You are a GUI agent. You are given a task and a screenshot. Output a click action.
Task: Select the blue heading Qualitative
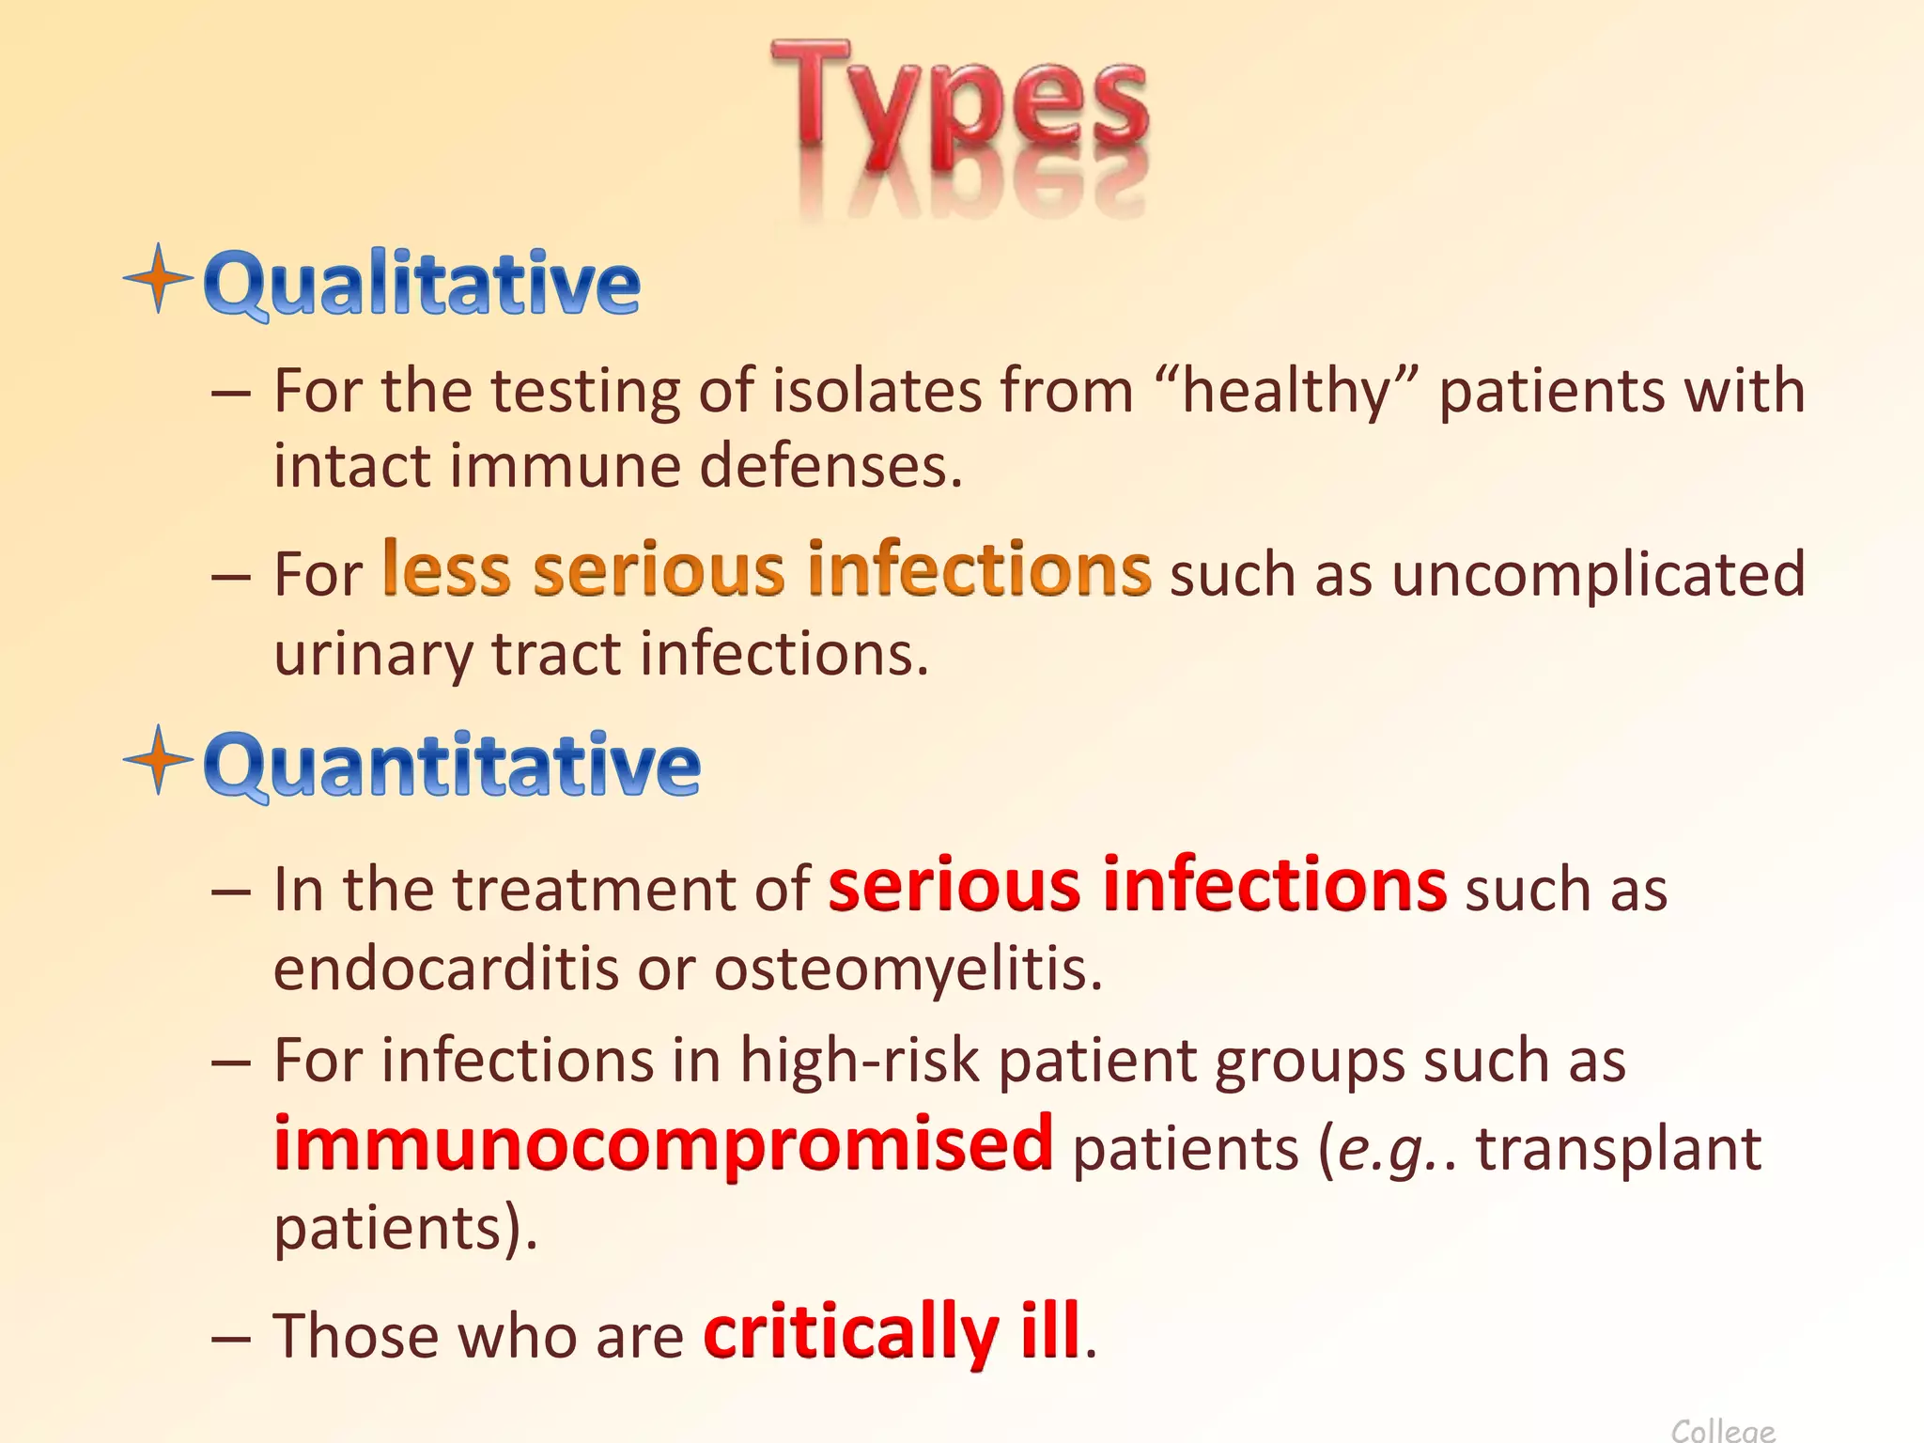point(422,283)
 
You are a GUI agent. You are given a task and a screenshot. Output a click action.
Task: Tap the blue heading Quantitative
point(452,765)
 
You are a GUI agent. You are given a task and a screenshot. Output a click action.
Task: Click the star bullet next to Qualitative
point(159,278)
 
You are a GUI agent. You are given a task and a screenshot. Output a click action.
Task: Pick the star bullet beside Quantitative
point(159,759)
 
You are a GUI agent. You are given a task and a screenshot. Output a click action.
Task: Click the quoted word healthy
point(1286,391)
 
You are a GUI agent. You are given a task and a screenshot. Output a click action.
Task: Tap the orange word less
point(447,569)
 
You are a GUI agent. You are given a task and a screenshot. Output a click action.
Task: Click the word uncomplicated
point(1598,575)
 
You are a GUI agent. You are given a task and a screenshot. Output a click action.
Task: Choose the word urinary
point(372,654)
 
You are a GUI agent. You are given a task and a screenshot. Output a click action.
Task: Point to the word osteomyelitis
point(907,968)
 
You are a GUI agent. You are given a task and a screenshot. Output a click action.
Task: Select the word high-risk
point(859,1062)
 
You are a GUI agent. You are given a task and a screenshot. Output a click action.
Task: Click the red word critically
point(850,1332)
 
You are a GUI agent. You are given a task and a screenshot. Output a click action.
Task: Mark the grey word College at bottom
point(1723,1430)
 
